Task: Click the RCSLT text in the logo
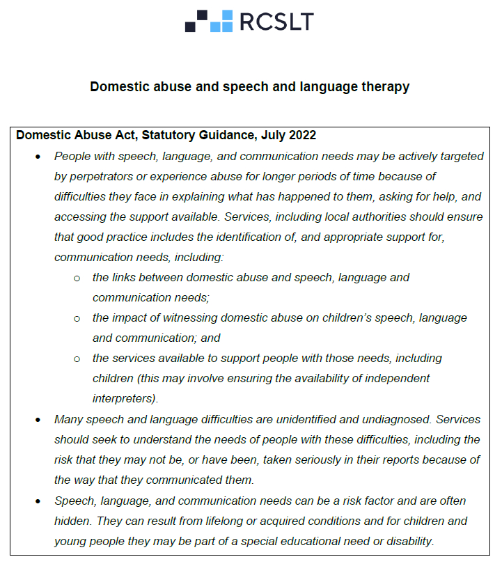[276, 22]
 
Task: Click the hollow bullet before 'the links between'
[77, 278]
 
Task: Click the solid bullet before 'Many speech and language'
[38, 420]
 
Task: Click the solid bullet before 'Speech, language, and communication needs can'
[38, 501]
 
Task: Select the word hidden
[72, 521]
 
